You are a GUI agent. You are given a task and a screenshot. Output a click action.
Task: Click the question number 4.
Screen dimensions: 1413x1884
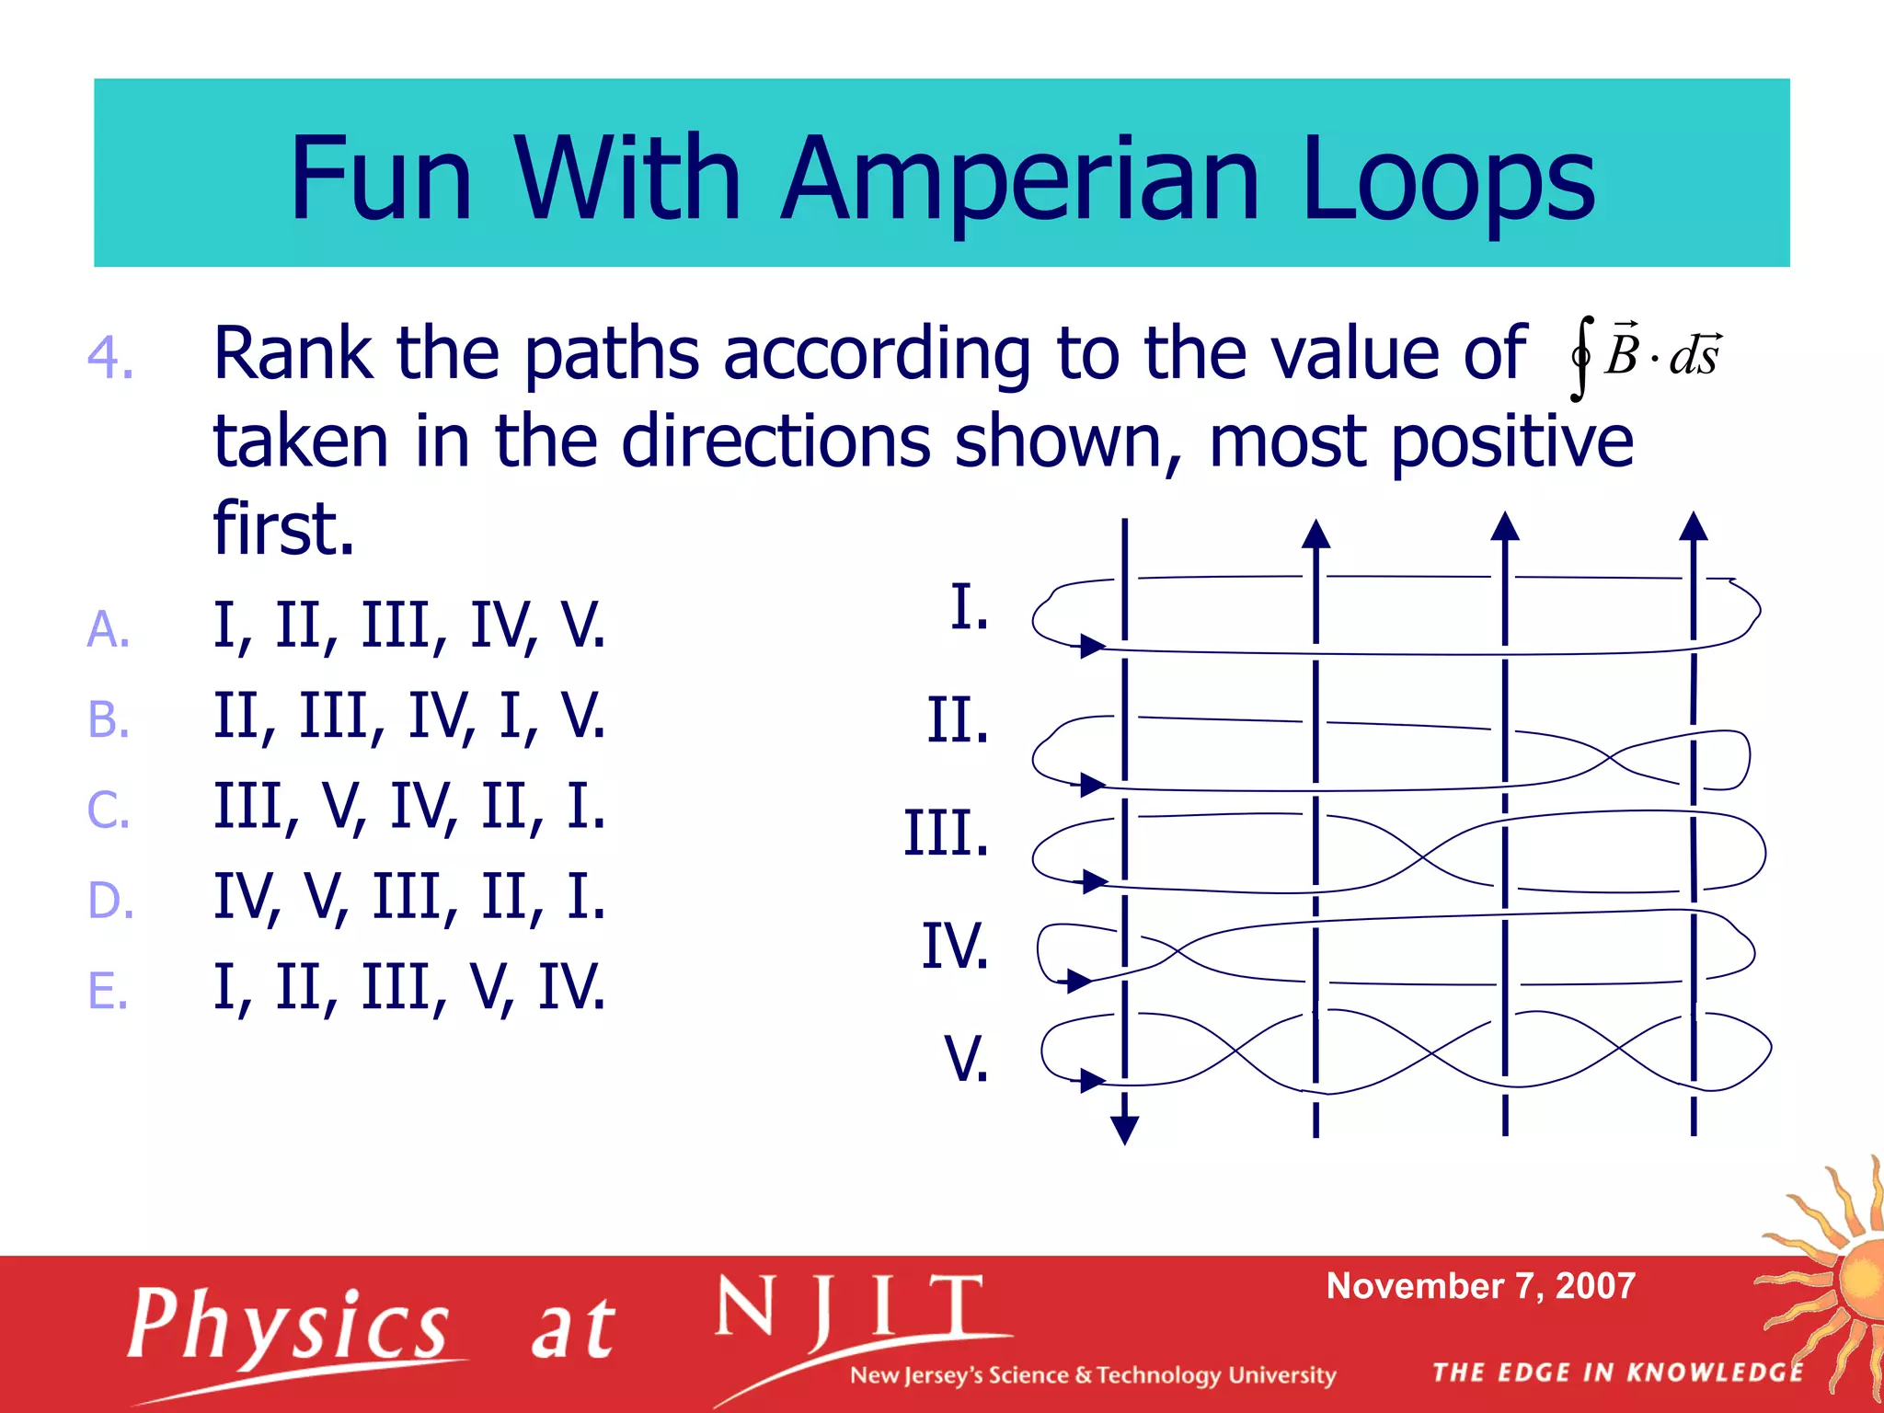coord(110,357)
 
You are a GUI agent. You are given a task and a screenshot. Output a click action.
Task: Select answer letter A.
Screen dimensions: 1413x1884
coord(108,630)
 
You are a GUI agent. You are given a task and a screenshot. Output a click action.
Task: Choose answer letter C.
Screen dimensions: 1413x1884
coord(108,810)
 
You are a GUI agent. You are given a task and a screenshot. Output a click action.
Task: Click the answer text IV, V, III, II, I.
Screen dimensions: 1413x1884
coord(409,897)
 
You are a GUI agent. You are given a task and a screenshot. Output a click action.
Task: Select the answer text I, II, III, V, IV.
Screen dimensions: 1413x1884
coord(409,987)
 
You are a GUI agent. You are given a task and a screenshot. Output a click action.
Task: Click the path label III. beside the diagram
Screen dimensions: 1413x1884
coord(946,833)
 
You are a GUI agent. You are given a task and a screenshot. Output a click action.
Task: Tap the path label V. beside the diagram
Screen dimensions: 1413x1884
coord(966,1059)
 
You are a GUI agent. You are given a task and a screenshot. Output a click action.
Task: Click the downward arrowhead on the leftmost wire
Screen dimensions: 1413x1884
coord(1124,1129)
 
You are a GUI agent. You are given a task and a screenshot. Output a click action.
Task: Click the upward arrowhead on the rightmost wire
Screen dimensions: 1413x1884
coord(1693,526)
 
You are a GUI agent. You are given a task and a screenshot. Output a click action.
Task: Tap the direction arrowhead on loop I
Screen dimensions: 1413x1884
coord(1092,646)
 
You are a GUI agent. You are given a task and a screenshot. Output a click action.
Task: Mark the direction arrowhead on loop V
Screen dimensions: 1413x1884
coord(1092,1080)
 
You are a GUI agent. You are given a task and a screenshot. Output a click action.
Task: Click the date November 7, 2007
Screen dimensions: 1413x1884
coord(1480,1286)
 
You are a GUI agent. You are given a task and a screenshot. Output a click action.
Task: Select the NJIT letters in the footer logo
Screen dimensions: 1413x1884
coord(850,1309)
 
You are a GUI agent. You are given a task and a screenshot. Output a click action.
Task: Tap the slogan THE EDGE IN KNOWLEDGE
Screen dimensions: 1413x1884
coord(1618,1373)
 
